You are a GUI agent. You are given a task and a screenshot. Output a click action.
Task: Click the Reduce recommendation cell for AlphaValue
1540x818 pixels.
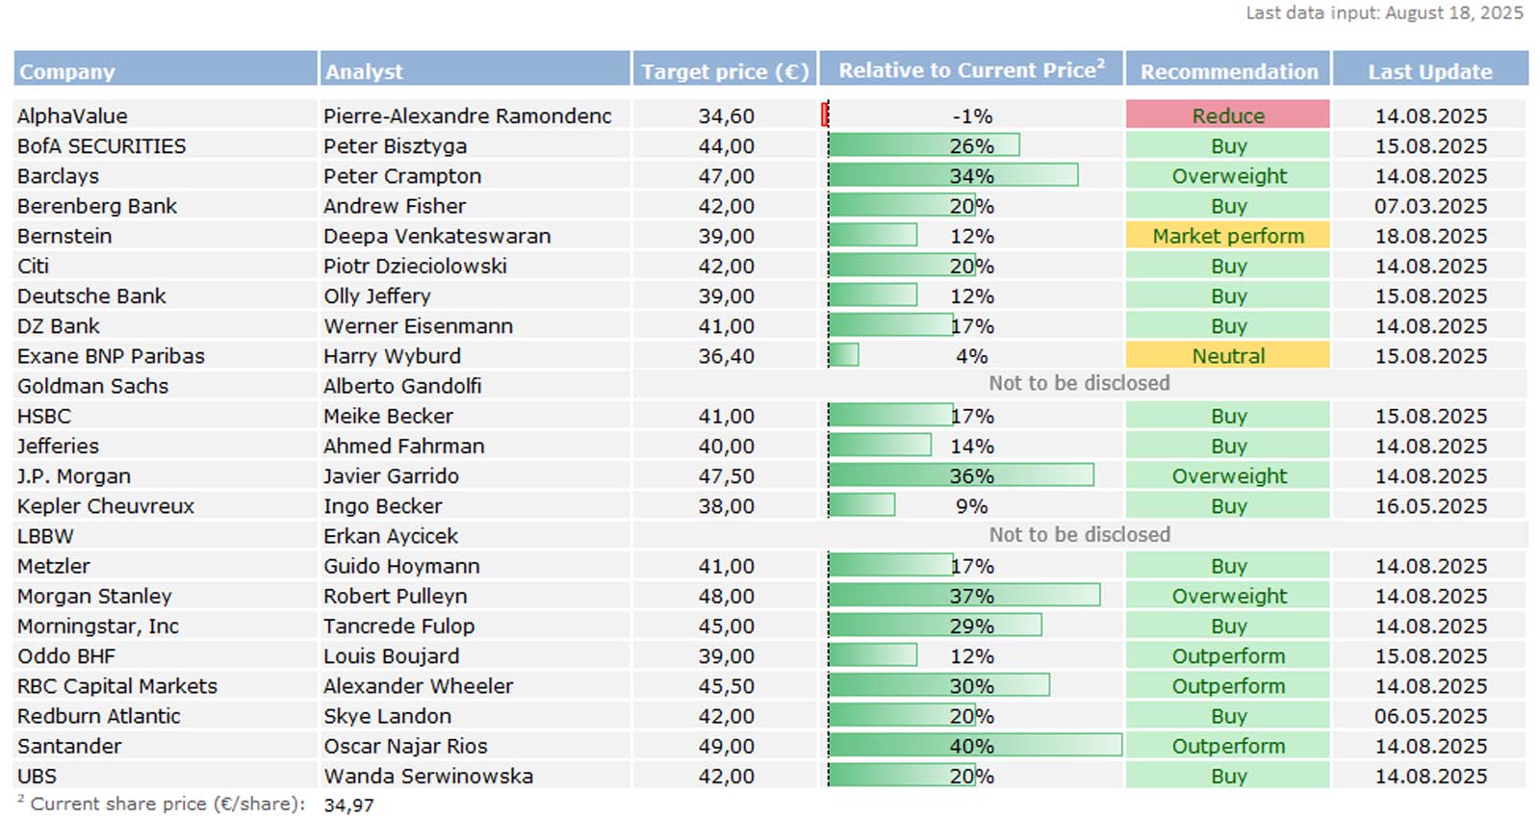tap(1227, 115)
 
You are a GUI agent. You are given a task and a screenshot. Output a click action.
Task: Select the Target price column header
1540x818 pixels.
tap(724, 71)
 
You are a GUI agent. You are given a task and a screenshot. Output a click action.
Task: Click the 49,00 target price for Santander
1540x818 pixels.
tap(726, 746)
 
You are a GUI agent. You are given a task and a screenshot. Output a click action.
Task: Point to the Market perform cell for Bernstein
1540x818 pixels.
tap(1227, 236)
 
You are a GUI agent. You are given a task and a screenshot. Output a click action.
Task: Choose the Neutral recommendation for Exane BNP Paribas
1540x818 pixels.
tap(1227, 356)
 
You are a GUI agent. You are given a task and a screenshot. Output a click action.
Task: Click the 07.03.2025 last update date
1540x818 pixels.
tap(1430, 206)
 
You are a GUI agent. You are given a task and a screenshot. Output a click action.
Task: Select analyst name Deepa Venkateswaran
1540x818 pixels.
tap(437, 236)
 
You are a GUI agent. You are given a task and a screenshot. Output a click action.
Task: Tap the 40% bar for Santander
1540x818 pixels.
tap(974, 746)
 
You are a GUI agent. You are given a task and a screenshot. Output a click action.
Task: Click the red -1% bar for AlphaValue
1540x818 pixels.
tap(825, 115)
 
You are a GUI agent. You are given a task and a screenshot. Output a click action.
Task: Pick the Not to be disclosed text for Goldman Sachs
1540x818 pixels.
tap(1079, 384)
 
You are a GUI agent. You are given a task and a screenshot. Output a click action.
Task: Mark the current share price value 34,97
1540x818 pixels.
tap(348, 805)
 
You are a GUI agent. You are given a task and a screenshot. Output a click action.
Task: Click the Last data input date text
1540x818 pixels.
tap(1384, 13)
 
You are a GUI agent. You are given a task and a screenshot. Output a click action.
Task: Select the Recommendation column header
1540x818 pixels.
tap(1228, 71)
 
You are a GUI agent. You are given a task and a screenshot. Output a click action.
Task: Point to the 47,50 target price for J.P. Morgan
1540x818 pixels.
tap(726, 476)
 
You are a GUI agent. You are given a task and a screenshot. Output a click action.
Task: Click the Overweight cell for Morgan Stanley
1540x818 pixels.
tap(1228, 596)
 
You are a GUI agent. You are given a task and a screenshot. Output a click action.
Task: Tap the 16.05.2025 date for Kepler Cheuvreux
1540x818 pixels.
tap(1430, 506)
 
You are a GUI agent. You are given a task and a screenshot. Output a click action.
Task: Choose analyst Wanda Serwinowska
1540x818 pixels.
tap(428, 776)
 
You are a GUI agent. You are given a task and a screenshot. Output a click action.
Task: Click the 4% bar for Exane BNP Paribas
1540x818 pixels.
tap(843, 356)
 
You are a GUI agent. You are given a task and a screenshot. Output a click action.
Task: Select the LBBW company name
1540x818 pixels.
tap(45, 536)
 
